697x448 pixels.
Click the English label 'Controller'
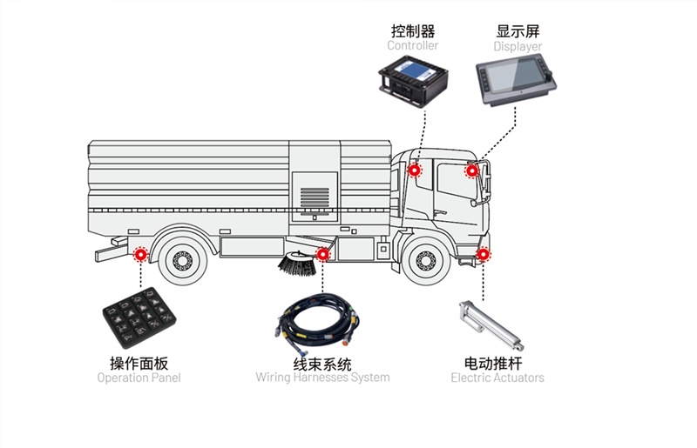tap(413, 45)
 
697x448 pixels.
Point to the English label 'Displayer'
tap(518, 46)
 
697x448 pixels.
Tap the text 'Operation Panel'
tap(139, 378)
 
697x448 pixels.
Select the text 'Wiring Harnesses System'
tap(322, 378)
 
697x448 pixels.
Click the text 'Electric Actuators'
tap(497, 378)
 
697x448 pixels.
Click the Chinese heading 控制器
tap(413, 30)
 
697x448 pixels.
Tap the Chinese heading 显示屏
tap(518, 30)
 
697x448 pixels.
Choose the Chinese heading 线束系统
tap(322, 363)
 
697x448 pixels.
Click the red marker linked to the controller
tap(415, 171)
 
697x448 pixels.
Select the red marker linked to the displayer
tap(471, 171)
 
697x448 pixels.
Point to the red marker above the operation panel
tap(139, 254)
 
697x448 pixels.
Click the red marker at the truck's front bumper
tap(484, 255)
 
